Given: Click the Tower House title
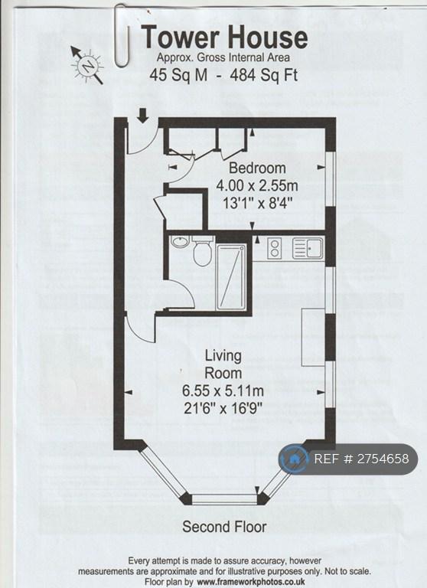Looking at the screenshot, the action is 224,37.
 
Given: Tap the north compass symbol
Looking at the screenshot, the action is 88,66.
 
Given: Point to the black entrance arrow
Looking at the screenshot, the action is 142,115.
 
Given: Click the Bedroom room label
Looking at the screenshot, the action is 257,168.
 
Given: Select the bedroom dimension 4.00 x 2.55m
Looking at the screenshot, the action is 257,185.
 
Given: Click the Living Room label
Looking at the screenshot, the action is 223,364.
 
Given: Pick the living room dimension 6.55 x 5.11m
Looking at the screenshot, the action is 223,390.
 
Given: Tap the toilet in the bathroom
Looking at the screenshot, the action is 203,250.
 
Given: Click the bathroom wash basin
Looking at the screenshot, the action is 181,241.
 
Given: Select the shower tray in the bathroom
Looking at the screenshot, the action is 231,276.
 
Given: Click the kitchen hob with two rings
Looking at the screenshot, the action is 274,248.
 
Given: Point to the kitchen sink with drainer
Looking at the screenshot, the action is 308,248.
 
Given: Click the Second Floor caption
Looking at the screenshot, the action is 224,527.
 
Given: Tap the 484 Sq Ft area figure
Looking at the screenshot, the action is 264,75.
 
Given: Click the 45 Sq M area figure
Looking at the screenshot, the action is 178,75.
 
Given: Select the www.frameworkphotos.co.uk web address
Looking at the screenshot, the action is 251,582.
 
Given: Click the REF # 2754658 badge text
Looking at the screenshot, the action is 361,459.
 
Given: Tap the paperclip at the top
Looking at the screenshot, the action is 122,35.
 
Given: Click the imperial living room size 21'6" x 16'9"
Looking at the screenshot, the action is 223,407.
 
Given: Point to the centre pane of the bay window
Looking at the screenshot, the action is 223,498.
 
